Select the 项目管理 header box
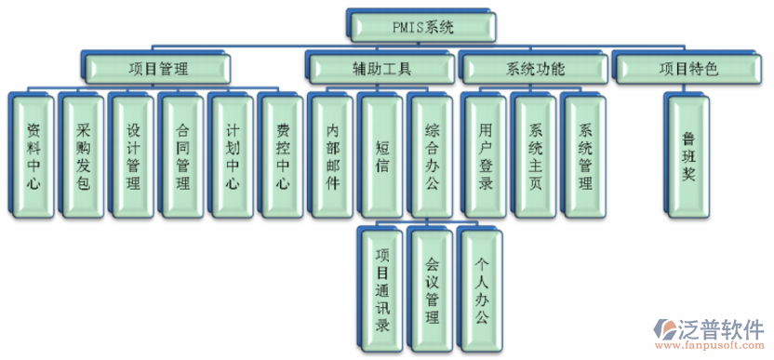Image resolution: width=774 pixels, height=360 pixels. click(x=159, y=68)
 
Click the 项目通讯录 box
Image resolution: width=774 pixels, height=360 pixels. click(x=382, y=288)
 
